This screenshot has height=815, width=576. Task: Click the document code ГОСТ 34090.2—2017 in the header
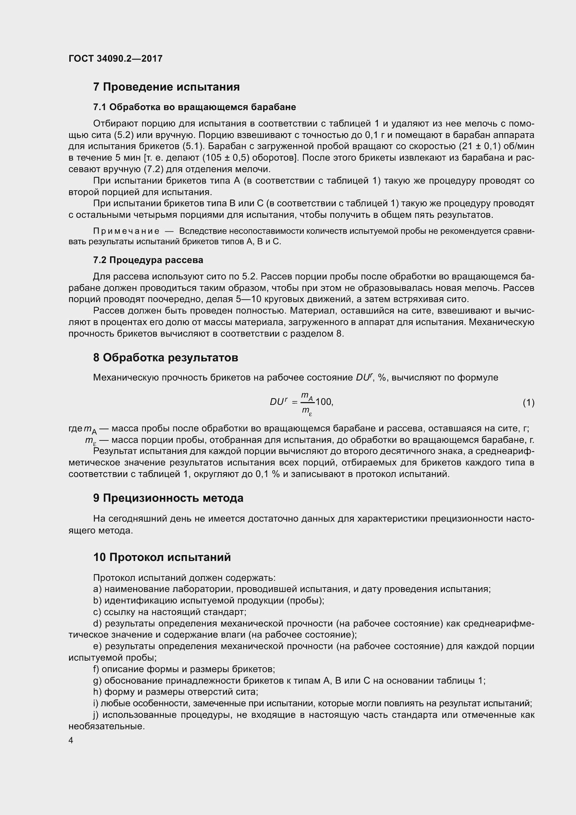click(x=115, y=59)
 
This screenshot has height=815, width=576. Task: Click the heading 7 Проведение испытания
click(x=166, y=87)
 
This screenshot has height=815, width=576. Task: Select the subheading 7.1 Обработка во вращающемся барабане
click(x=194, y=107)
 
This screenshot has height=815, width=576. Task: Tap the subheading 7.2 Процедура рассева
click(x=148, y=260)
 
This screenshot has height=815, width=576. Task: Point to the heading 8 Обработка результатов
click(x=165, y=357)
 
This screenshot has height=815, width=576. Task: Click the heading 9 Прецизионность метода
click(x=168, y=498)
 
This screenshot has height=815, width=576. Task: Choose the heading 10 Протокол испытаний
click(x=162, y=557)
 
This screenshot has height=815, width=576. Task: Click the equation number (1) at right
click(x=528, y=402)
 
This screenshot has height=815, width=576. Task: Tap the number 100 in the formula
click(x=324, y=402)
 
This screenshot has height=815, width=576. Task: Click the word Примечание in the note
click(x=126, y=231)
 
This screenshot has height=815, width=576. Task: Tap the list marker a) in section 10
click(x=97, y=589)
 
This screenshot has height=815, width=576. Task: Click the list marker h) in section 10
click(x=97, y=692)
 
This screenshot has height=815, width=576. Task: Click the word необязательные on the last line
click(x=107, y=726)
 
